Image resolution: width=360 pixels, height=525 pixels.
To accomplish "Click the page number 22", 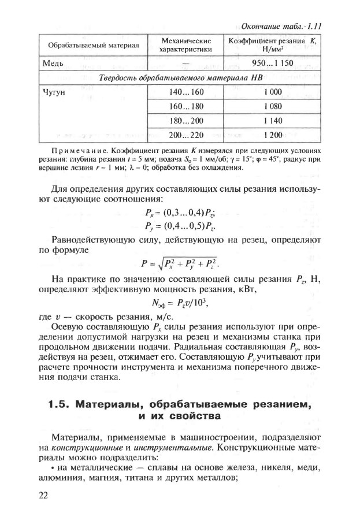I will [x=44, y=494].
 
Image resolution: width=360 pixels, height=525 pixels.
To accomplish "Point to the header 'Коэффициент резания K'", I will [x=274, y=45].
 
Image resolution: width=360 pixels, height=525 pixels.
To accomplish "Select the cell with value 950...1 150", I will [x=274, y=62].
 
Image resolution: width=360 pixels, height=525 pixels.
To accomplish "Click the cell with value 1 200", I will [x=274, y=135].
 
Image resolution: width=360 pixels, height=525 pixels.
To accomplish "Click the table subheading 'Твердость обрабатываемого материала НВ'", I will [x=180, y=77].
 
